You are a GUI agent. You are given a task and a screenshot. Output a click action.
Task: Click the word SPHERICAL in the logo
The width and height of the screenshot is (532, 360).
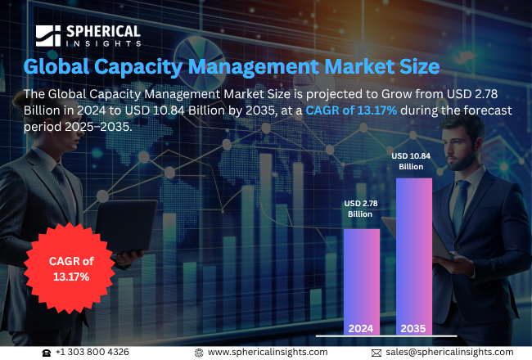[x=102, y=30]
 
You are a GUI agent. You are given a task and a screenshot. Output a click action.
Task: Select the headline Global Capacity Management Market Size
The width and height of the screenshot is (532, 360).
[x=231, y=65]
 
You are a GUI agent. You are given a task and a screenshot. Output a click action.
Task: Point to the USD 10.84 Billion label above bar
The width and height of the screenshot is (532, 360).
[x=413, y=160]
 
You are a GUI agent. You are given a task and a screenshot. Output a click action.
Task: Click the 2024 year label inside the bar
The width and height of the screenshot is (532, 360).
[x=361, y=328]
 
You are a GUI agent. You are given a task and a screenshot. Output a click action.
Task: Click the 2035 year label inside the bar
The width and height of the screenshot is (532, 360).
[x=413, y=328]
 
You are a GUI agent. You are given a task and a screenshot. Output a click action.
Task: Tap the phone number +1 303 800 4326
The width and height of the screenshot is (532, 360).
[x=92, y=352]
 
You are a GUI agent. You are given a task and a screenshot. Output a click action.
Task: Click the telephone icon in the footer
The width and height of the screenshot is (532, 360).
[x=47, y=352]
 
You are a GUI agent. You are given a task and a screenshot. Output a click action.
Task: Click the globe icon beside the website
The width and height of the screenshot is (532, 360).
[x=198, y=352]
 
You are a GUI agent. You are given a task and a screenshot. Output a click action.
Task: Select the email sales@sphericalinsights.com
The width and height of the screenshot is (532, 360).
[x=449, y=352]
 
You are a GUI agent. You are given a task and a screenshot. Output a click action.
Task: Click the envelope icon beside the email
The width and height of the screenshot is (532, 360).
[x=376, y=352]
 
